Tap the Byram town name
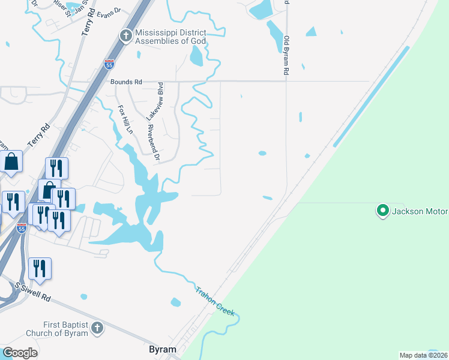162,349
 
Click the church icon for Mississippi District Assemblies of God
126,36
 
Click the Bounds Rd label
125,82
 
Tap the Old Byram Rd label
286,54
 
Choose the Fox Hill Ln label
124,119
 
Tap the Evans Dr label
108,11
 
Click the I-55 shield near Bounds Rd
109,64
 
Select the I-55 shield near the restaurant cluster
22,229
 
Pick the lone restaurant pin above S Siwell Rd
40,269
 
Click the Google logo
20,353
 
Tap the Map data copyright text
423,355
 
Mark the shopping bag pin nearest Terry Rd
11,161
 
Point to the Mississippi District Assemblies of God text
170,37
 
